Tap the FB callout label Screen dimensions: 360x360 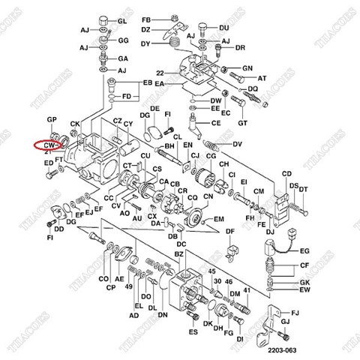coord(147,17)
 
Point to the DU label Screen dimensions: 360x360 coord(224,28)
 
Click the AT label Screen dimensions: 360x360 coord(262,78)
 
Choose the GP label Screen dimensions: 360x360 coord(52,120)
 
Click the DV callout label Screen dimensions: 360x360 coord(238,143)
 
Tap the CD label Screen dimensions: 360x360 coord(286,174)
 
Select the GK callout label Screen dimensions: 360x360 coord(304,282)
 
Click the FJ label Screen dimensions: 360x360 coord(295,311)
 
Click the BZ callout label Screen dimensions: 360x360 coord(178,256)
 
